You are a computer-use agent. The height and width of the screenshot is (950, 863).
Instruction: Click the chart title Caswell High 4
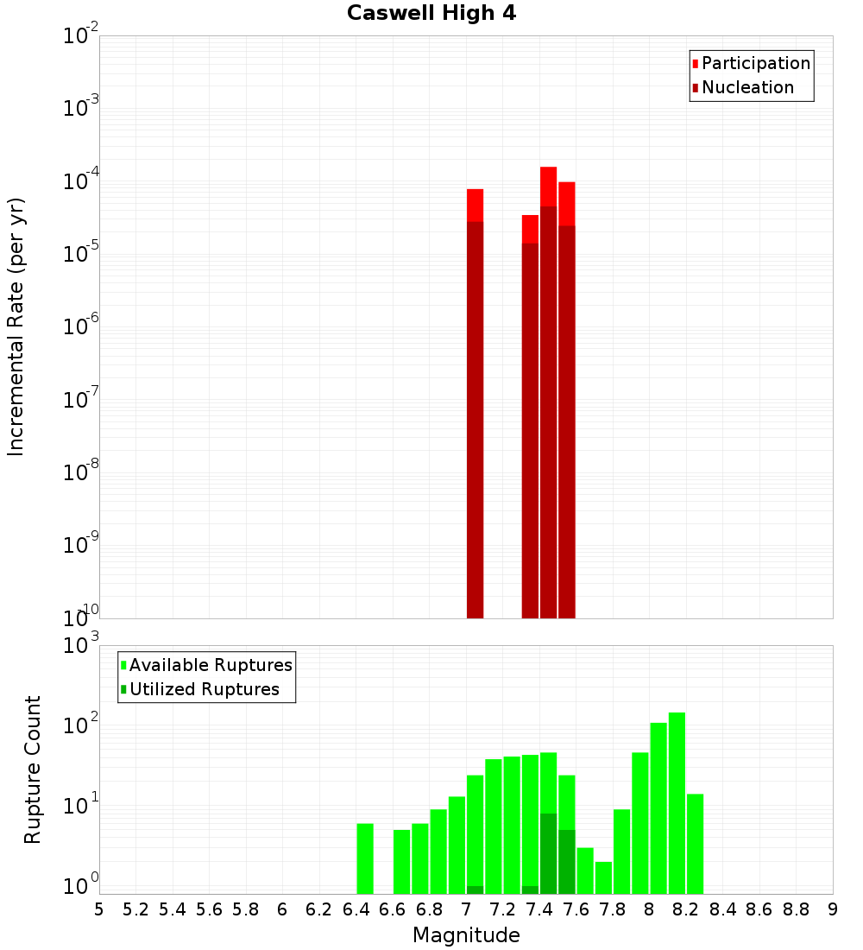pos(431,14)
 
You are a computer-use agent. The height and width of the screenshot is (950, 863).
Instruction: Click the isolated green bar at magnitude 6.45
pos(365,858)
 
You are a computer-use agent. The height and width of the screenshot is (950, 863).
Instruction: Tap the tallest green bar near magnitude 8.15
pos(677,803)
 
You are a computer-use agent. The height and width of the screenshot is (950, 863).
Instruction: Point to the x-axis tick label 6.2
pos(318,909)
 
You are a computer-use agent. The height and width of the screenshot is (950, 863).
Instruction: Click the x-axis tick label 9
pos(832,909)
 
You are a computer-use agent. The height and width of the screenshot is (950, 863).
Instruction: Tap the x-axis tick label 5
pos(99,909)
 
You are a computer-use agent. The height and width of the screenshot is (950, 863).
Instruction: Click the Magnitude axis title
pos(466,935)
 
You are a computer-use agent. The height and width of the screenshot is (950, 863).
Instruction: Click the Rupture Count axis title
pos(33,769)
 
